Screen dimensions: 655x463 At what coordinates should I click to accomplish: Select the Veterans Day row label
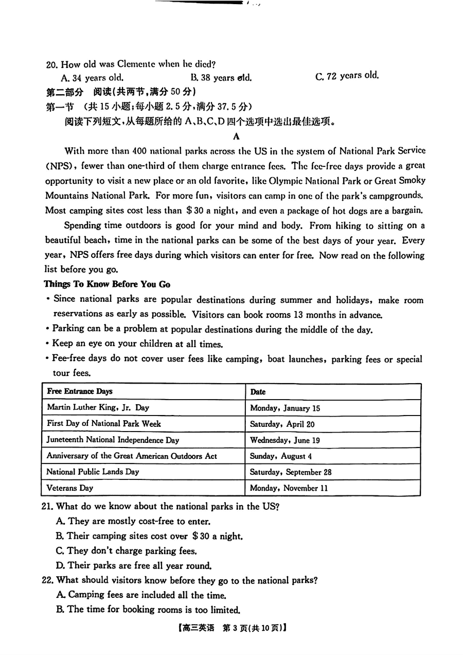click(69, 488)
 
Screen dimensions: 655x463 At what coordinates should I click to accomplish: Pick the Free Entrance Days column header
click(80, 391)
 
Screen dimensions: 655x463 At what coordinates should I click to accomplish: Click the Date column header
click(258, 392)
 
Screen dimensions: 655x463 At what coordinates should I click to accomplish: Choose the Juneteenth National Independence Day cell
click(113, 440)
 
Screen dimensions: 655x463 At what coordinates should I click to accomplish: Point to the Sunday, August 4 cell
click(281, 456)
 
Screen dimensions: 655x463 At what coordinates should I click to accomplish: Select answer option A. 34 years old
click(92, 78)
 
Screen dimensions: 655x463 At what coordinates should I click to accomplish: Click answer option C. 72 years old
click(347, 76)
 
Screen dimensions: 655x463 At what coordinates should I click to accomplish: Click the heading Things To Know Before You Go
click(107, 284)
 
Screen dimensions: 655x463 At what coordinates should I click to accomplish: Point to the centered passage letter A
click(236, 136)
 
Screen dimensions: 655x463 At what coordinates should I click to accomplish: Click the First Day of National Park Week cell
click(103, 424)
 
